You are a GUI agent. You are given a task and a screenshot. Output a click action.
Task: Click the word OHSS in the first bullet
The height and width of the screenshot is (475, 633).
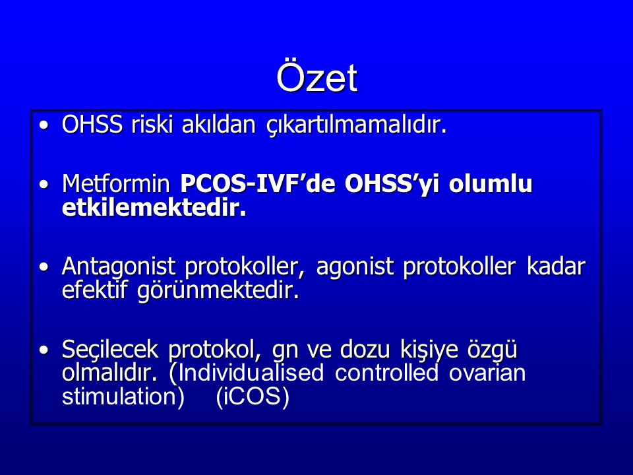(92, 124)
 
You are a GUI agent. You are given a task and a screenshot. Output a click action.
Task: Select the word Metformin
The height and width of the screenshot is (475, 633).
(116, 184)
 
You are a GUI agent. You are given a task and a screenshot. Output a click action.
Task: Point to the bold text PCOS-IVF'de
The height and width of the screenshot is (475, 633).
(258, 183)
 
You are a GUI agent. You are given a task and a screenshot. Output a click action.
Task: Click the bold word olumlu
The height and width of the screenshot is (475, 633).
(491, 183)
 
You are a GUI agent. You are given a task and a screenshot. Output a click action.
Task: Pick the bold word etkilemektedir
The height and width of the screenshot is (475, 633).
(154, 208)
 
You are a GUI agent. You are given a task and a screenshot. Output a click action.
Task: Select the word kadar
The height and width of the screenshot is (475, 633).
(556, 267)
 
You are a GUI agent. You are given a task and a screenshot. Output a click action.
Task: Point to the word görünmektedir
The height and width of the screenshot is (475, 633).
(218, 291)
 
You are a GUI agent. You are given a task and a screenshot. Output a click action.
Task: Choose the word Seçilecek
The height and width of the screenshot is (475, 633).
(110, 350)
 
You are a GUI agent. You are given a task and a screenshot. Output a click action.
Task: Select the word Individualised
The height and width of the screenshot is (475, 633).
(251, 372)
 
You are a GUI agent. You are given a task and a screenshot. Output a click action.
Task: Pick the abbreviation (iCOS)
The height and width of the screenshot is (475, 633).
(253, 396)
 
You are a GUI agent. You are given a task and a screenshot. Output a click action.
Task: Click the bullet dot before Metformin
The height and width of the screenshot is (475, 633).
(44, 185)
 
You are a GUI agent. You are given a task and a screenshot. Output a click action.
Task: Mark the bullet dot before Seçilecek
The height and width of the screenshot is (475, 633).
(44, 350)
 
